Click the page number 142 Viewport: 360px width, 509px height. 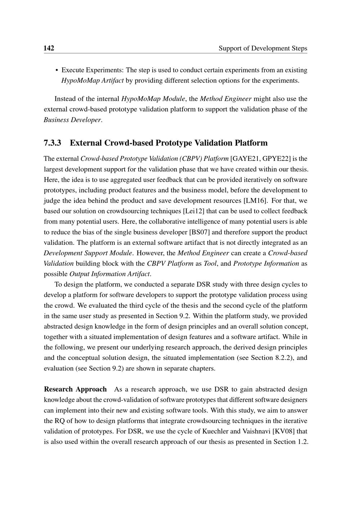49,48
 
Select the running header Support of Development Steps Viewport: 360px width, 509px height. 263,48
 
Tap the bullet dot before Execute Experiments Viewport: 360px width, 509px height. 57,70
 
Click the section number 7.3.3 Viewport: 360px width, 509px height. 53,143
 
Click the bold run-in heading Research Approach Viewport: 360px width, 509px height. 75,389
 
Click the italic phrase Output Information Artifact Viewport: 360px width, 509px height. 109,274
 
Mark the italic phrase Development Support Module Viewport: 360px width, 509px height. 88,253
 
